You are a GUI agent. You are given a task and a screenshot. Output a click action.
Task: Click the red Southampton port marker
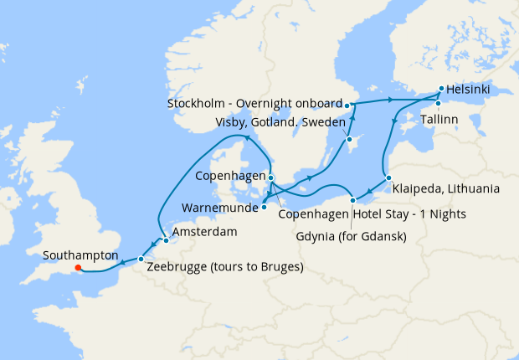pyautogui.click(x=77, y=269)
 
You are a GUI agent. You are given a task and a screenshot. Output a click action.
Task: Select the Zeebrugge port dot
pyautogui.click(x=141, y=260)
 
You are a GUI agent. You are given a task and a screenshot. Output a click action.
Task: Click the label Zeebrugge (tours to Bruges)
pyautogui.click(x=224, y=267)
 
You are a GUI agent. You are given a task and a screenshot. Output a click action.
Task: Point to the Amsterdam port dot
pyautogui.click(x=165, y=240)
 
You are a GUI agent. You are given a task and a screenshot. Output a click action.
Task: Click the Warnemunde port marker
pyautogui.click(x=264, y=206)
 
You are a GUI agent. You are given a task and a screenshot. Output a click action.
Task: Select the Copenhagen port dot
pyautogui.click(x=271, y=177)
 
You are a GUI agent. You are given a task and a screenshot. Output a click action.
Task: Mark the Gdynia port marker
pyautogui.click(x=354, y=199)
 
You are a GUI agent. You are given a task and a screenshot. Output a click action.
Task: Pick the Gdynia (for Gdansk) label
pyautogui.click(x=352, y=236)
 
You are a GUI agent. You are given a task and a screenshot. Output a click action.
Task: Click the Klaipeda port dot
pyautogui.click(x=388, y=177)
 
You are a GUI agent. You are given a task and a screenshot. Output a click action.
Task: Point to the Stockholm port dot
pyautogui.click(x=347, y=105)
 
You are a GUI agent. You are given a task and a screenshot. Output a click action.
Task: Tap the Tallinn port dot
pyautogui.click(x=437, y=103)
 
